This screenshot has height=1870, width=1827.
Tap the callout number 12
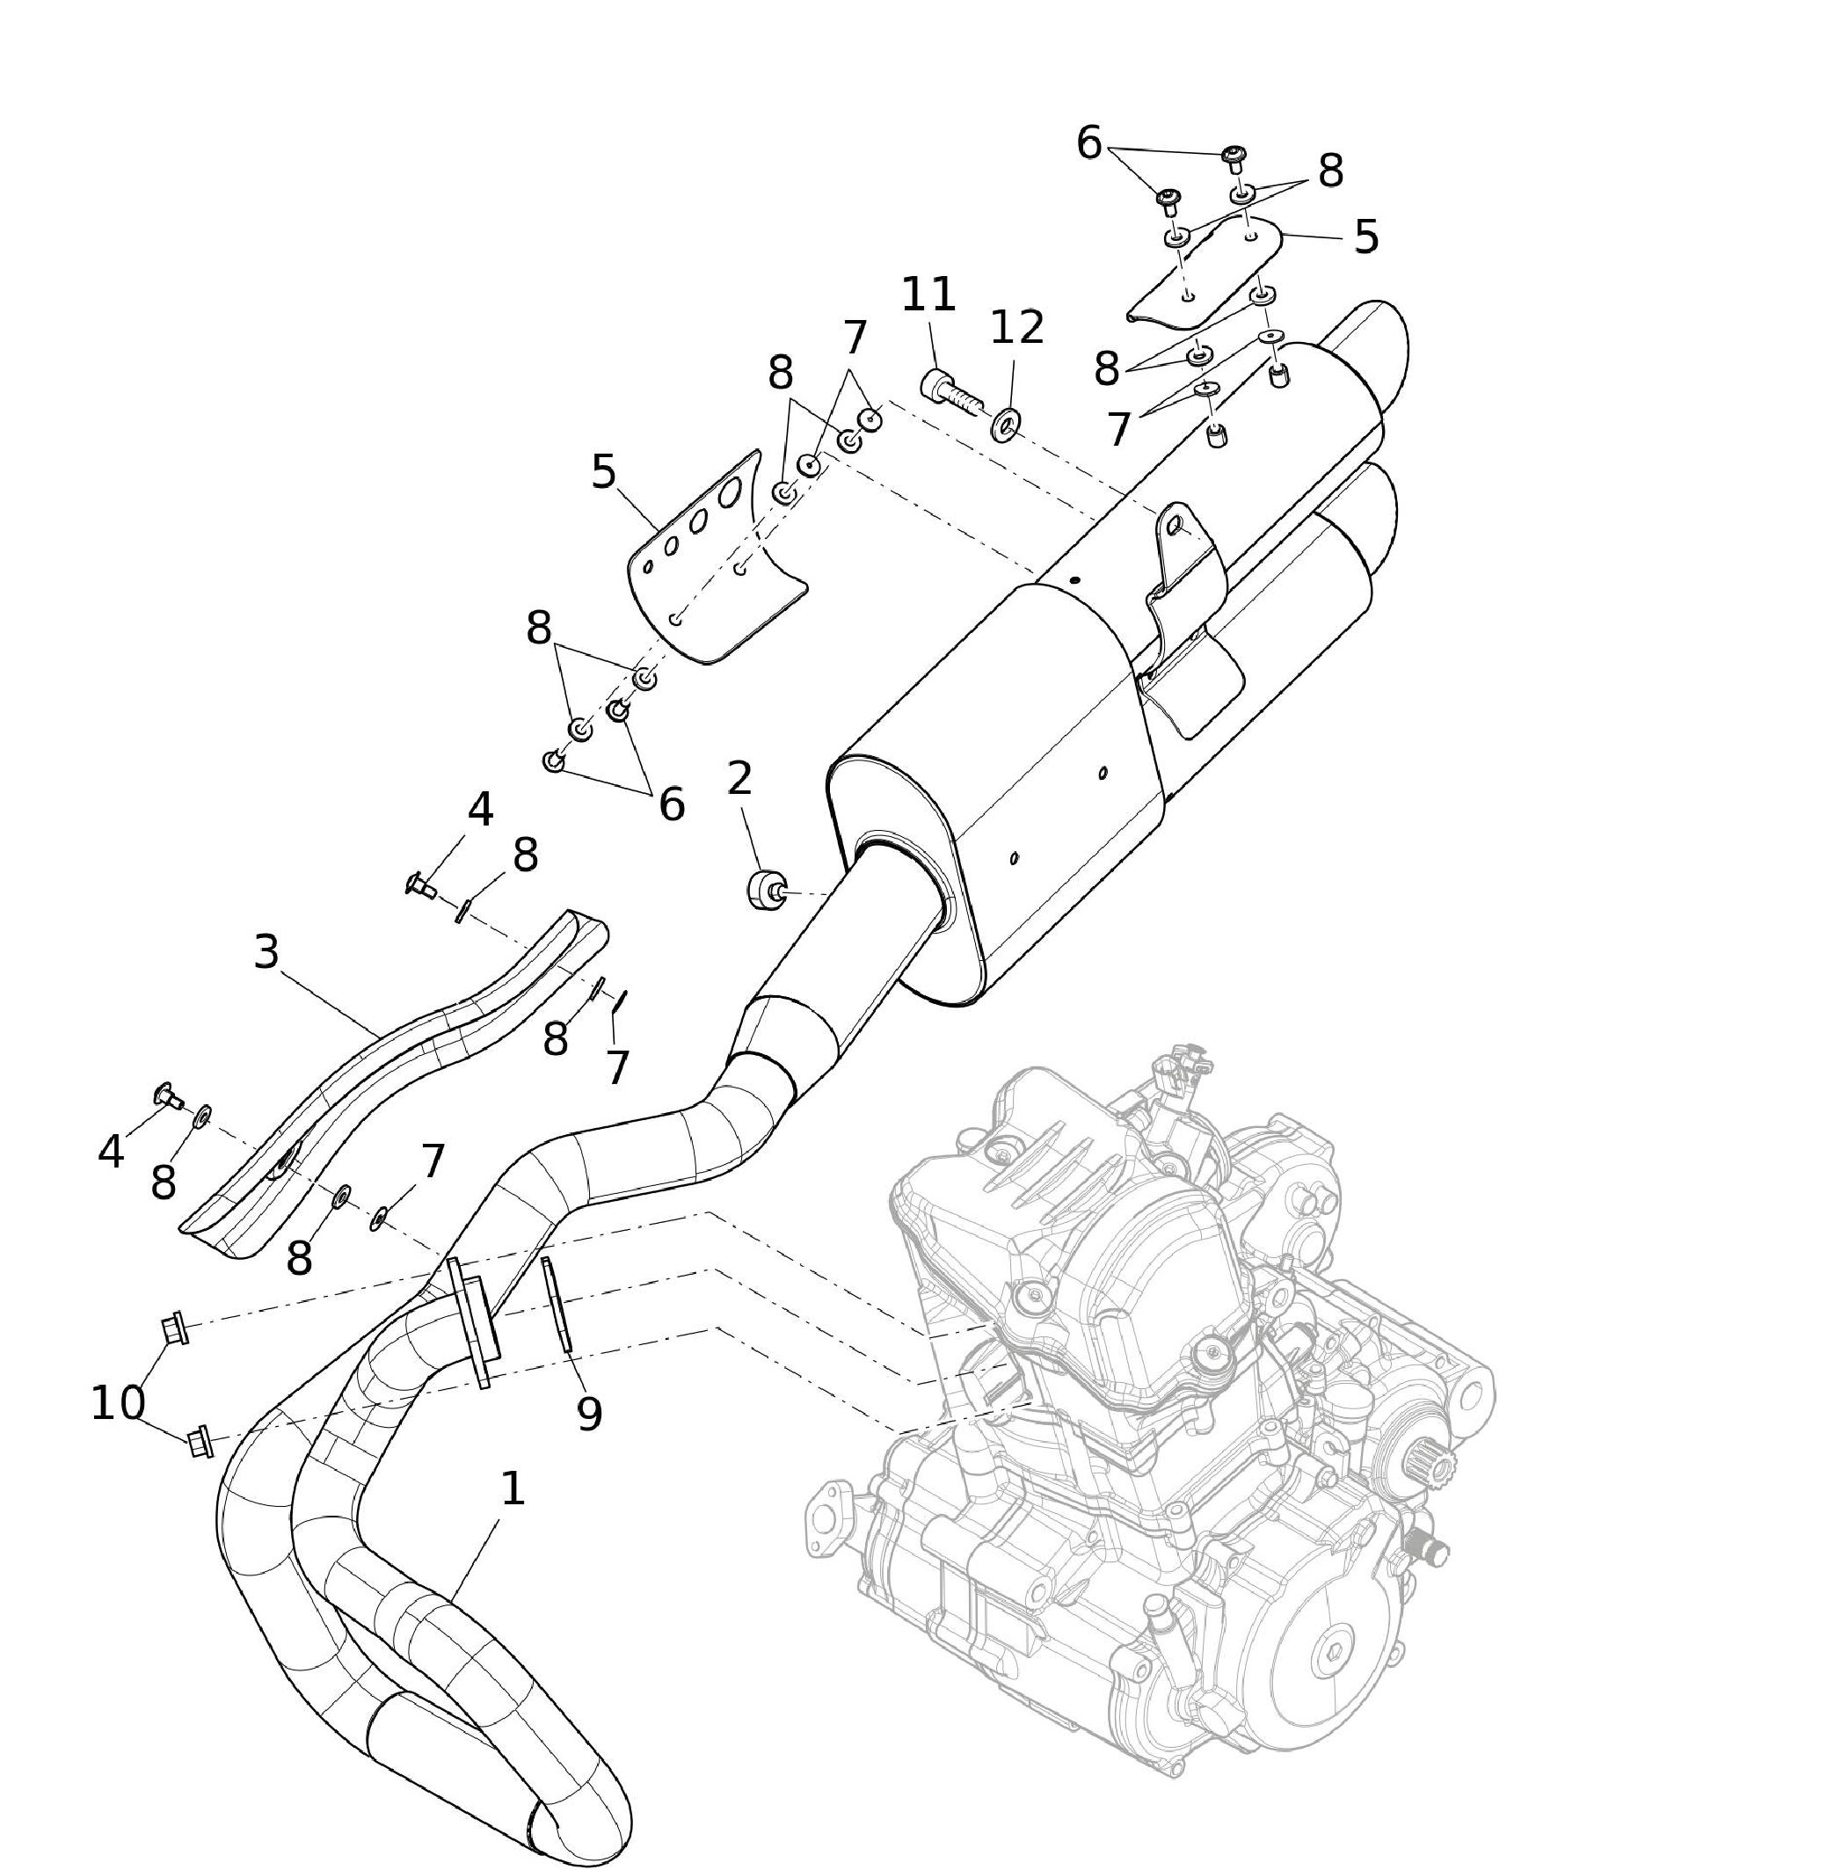pos(1016,327)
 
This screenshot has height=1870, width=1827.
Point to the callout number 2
pos(739,778)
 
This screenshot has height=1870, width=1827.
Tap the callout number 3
pos(266,952)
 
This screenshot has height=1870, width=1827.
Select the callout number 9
pos(589,1414)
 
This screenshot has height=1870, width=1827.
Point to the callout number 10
pos(118,1404)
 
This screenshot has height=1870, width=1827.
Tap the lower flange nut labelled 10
pos(200,1441)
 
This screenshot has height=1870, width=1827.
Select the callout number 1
pos(513,1488)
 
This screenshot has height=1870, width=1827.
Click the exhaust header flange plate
pos(470,1322)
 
